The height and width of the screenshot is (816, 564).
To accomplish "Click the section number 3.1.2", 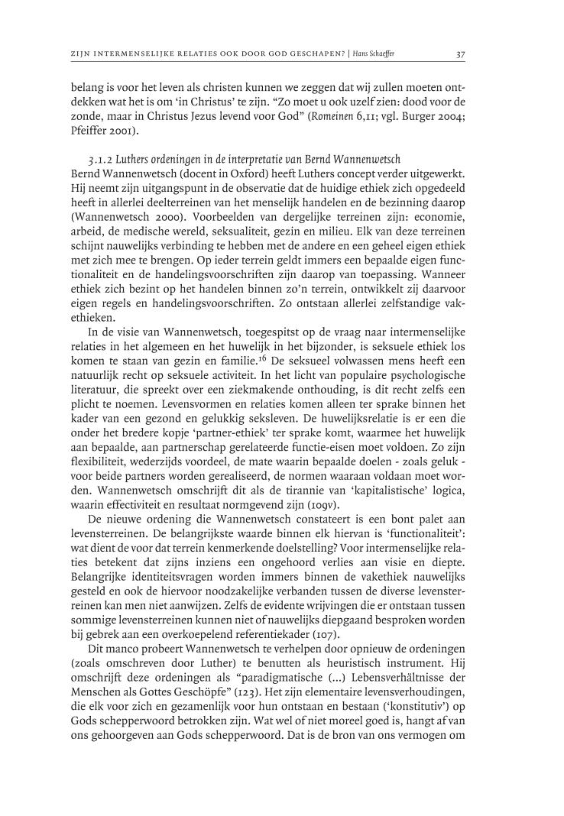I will point(102,160).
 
